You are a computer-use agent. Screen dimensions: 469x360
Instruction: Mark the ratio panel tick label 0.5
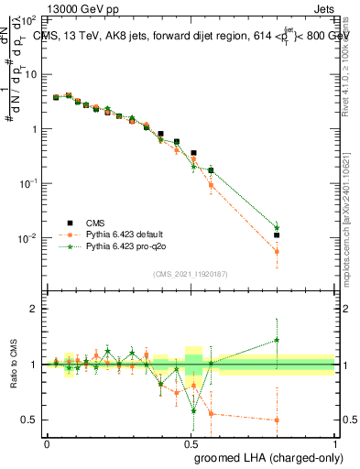coord(28,420)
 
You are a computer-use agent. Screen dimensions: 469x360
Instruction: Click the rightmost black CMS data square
coord(277,235)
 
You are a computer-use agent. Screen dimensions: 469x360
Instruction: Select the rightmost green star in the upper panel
coord(277,227)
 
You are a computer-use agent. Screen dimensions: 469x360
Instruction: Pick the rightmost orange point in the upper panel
coord(277,251)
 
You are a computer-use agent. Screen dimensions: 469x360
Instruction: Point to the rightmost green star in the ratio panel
coord(277,340)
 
